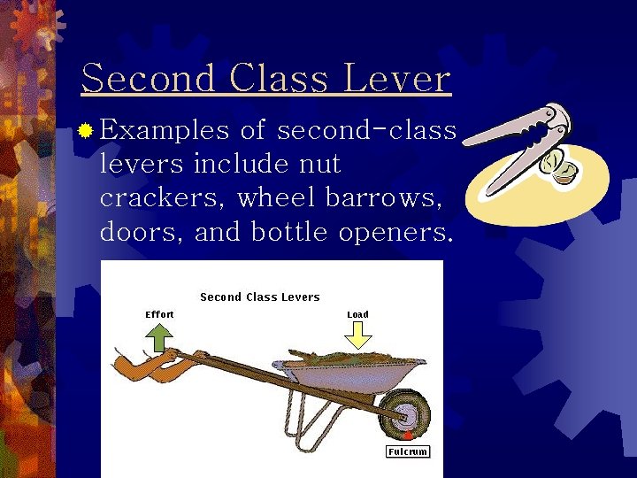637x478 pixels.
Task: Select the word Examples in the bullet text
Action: [x=165, y=131]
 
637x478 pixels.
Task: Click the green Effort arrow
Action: [x=159, y=338]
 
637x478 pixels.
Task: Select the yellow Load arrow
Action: [x=358, y=333]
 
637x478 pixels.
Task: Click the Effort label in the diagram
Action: [x=159, y=314]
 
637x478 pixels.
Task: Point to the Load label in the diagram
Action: [x=357, y=314]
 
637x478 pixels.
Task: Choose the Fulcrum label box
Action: [x=408, y=451]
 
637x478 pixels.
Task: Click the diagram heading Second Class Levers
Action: [x=260, y=297]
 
